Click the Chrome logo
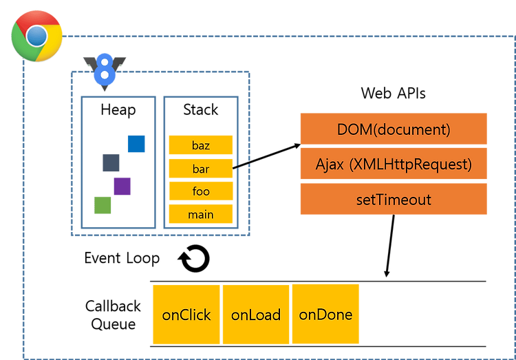(x=36, y=36)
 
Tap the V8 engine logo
(x=105, y=72)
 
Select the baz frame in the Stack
(x=201, y=145)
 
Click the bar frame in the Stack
(x=201, y=169)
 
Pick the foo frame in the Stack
(x=201, y=191)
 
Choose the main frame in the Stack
(x=201, y=214)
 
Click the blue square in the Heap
(x=136, y=144)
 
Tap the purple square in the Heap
(x=122, y=186)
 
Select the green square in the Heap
(x=103, y=205)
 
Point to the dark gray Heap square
(x=111, y=162)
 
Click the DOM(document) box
(x=394, y=129)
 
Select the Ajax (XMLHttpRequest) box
(x=394, y=164)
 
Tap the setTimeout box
(x=394, y=199)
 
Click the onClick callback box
(x=186, y=315)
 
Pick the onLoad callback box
(x=256, y=315)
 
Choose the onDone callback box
(x=325, y=314)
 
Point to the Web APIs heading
(x=394, y=93)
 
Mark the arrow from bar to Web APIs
(x=266, y=156)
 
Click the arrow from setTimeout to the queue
(x=390, y=246)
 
